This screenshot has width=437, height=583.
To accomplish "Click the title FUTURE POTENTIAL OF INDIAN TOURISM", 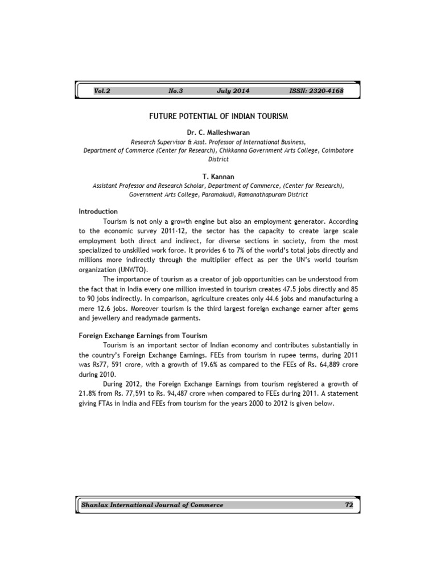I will coord(218,116).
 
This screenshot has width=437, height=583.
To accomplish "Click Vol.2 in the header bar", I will coord(102,91).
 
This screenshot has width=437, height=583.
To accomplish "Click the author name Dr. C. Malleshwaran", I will coord(218,133).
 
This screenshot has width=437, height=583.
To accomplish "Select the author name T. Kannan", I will coord(218,176).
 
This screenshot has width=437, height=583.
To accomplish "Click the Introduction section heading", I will coord(98,212).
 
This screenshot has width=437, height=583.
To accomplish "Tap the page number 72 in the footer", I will coord(349,505).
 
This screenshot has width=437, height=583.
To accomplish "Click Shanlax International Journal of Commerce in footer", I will coord(152,505).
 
